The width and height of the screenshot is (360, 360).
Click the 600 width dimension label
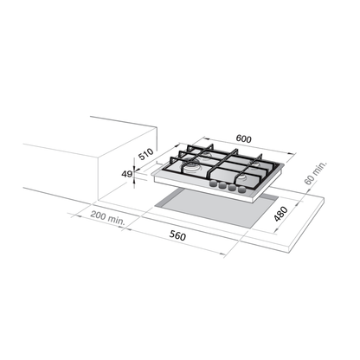click(x=244, y=138)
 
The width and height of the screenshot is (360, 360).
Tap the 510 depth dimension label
click(x=146, y=154)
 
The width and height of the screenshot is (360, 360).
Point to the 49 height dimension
click(x=126, y=174)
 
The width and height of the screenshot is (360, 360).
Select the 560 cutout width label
click(x=177, y=235)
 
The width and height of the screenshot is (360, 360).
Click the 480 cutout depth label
click(x=280, y=214)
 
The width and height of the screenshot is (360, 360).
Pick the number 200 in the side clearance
click(x=98, y=215)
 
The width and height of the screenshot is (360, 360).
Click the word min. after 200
click(x=117, y=221)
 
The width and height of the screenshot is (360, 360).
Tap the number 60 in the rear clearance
click(x=309, y=180)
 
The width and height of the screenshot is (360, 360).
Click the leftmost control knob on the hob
click(x=214, y=183)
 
